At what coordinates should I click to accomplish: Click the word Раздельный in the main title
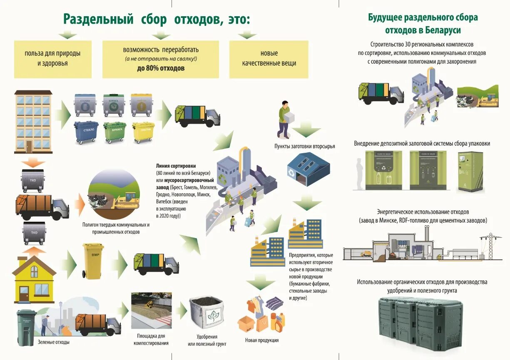(x=98, y=19)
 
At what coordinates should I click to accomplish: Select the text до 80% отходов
(x=161, y=68)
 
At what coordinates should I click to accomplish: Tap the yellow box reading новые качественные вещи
(x=269, y=59)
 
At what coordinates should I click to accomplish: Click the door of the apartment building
(x=29, y=145)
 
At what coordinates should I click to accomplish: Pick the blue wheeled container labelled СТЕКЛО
(x=86, y=132)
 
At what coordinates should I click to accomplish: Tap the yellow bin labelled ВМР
(x=93, y=261)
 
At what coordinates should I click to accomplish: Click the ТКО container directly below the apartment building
(x=32, y=180)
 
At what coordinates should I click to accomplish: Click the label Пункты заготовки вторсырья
(x=304, y=146)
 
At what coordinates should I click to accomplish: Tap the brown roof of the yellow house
(x=34, y=265)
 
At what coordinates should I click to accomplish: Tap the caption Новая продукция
(x=261, y=340)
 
